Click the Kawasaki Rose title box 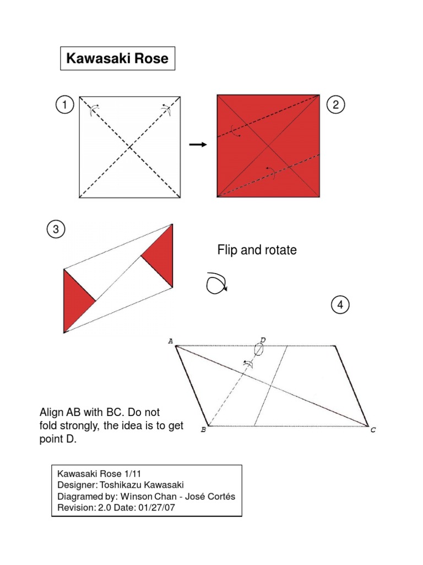tap(117, 58)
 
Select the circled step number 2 tap(336, 105)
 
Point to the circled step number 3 tap(56, 229)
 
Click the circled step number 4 tap(340, 305)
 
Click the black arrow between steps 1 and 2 tap(197, 145)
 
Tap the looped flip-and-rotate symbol tap(215, 284)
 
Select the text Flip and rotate tap(257, 250)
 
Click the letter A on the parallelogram tap(170, 342)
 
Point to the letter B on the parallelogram tap(203, 430)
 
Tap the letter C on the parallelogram tap(373, 430)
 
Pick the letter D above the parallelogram tap(263, 340)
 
